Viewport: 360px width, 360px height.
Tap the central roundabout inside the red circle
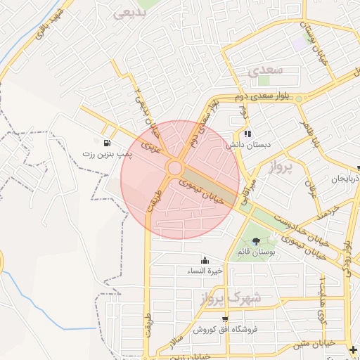pyautogui.click(x=175, y=168)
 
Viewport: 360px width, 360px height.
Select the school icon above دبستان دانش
pyautogui.click(x=247, y=134)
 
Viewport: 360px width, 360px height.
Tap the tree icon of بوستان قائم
pyautogui.click(x=255, y=241)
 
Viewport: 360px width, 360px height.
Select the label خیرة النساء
pyautogui.click(x=205, y=270)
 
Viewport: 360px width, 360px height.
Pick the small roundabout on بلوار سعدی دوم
pyautogui.click(x=299, y=99)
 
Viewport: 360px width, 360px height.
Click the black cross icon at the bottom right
pyautogui.click(x=353, y=349)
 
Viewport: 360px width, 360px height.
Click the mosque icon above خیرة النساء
pyautogui.click(x=205, y=260)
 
